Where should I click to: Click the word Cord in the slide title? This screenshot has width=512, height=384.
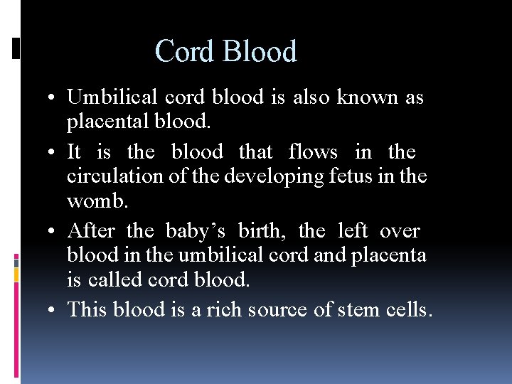[186, 52]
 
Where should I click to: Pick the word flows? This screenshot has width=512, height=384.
[313, 151]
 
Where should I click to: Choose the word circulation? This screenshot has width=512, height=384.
[122, 176]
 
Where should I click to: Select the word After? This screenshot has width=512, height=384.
[91, 230]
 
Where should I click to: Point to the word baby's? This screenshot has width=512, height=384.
[196, 230]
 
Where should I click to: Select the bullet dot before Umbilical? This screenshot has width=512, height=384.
[54, 98]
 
